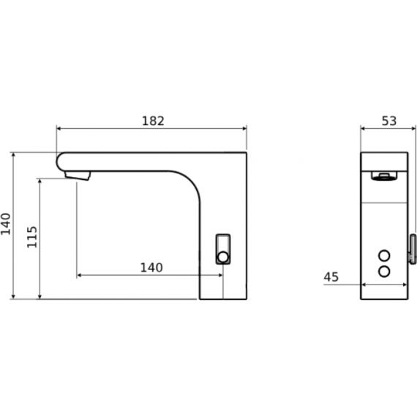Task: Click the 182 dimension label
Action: click(x=153, y=121)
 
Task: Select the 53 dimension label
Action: click(x=389, y=121)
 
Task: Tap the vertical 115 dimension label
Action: click(x=32, y=237)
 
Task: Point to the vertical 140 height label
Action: click(x=6, y=224)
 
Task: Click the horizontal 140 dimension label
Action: click(x=151, y=268)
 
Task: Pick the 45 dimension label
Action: click(x=331, y=277)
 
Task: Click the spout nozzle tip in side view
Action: click(x=78, y=176)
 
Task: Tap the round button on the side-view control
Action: click(x=223, y=258)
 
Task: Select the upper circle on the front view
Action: click(x=384, y=256)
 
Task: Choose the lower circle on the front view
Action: click(x=384, y=271)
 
